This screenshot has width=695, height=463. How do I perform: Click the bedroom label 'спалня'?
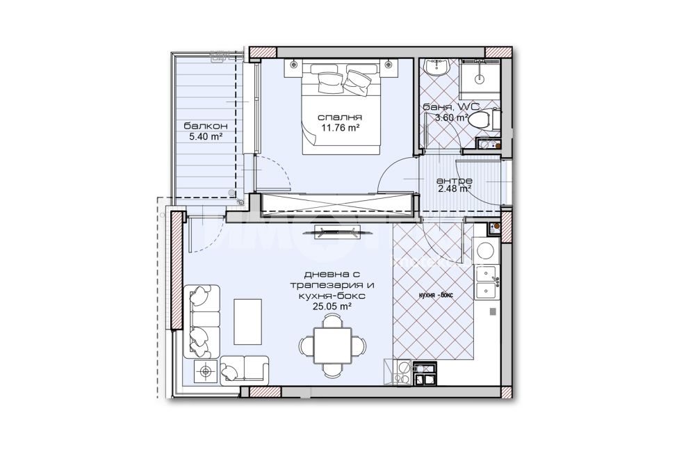[x=340, y=117]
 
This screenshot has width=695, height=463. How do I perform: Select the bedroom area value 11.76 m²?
[x=340, y=128]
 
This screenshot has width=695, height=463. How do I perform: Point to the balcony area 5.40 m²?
[x=206, y=137]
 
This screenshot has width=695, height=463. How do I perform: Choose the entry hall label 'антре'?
[x=454, y=181]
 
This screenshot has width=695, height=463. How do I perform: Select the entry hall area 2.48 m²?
[x=454, y=189]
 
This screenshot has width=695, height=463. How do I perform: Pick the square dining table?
[x=333, y=345]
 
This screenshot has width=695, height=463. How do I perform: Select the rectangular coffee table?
[x=248, y=321]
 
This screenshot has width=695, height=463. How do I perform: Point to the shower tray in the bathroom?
[x=479, y=79]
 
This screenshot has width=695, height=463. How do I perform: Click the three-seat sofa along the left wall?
[x=202, y=321]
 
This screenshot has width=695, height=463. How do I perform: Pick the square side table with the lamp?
[x=206, y=371]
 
